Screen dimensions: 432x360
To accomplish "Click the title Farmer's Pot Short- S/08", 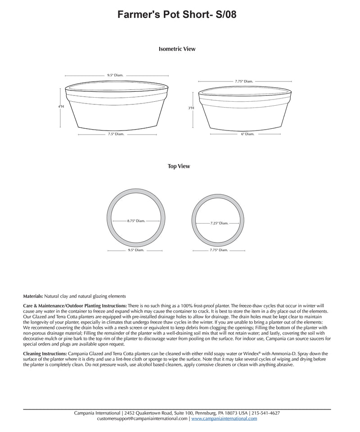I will [177, 15].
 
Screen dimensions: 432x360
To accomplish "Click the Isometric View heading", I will [177, 49].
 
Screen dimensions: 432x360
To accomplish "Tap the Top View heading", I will [179, 166].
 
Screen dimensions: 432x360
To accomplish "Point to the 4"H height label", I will [61, 107].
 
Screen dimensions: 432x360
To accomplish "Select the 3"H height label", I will [191, 108].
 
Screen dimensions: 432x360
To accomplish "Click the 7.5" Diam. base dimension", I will [116, 134].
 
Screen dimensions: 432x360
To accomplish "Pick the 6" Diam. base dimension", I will [247, 134].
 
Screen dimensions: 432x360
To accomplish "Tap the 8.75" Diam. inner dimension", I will [136, 221].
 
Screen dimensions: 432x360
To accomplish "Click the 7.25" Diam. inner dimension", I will [219, 223].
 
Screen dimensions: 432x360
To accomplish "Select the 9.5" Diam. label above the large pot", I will [115, 76].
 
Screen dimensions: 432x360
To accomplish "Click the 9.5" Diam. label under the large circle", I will [136, 250].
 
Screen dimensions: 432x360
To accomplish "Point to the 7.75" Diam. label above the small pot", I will [244, 81].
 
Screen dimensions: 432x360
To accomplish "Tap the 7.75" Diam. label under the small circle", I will [219, 250].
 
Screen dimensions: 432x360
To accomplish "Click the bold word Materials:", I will [33, 296].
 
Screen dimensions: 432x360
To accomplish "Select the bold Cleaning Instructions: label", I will [45, 354].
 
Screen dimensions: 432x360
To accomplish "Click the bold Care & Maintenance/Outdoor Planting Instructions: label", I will [75, 306].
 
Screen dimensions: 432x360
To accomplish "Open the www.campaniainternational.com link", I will [224, 418].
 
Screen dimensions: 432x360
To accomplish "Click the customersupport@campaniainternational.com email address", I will [142, 418].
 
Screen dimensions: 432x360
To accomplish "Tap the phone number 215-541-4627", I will [265, 413].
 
